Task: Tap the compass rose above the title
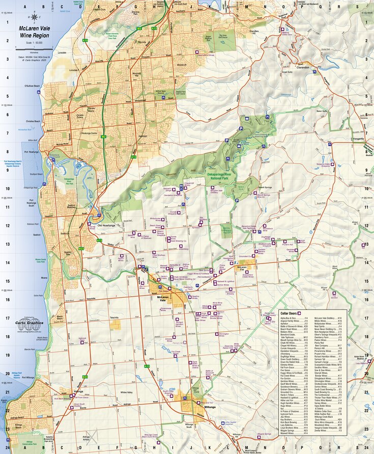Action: [35, 17]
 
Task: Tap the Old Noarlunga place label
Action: [107, 224]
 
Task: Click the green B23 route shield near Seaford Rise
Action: [81, 248]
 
